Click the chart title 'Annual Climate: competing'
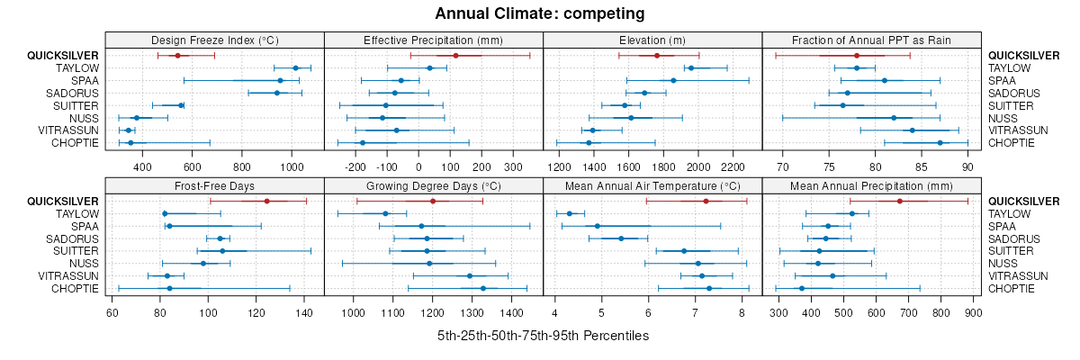click(539, 13)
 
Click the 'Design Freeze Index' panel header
click(214, 40)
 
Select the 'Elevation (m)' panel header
click(652, 40)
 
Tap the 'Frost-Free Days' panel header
click(214, 185)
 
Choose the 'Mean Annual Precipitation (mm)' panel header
click(871, 185)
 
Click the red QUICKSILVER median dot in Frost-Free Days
click(266, 201)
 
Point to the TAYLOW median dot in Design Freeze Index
click(295, 67)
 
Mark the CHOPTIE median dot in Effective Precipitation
click(363, 142)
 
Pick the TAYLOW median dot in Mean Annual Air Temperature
click(570, 213)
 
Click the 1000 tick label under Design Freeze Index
click(291, 167)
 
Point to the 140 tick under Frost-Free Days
click(304, 313)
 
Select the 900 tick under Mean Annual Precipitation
click(973, 313)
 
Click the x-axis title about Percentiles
click(543, 336)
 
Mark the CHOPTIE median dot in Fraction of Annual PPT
click(940, 142)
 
